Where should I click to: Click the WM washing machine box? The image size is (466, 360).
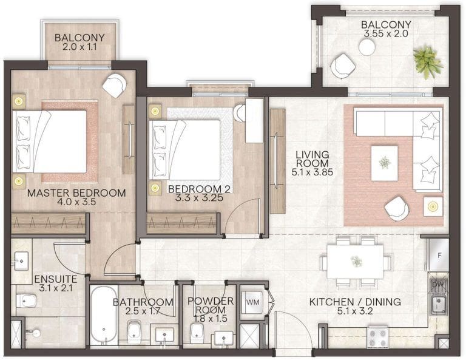click(x=251, y=300)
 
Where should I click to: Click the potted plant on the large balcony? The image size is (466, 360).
click(x=424, y=59)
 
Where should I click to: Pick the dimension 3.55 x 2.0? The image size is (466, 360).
click(x=387, y=35)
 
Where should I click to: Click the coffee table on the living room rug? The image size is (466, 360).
click(x=385, y=163)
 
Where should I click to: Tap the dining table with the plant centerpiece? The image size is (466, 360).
click(x=356, y=262)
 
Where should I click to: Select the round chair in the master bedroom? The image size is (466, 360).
click(x=114, y=86)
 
